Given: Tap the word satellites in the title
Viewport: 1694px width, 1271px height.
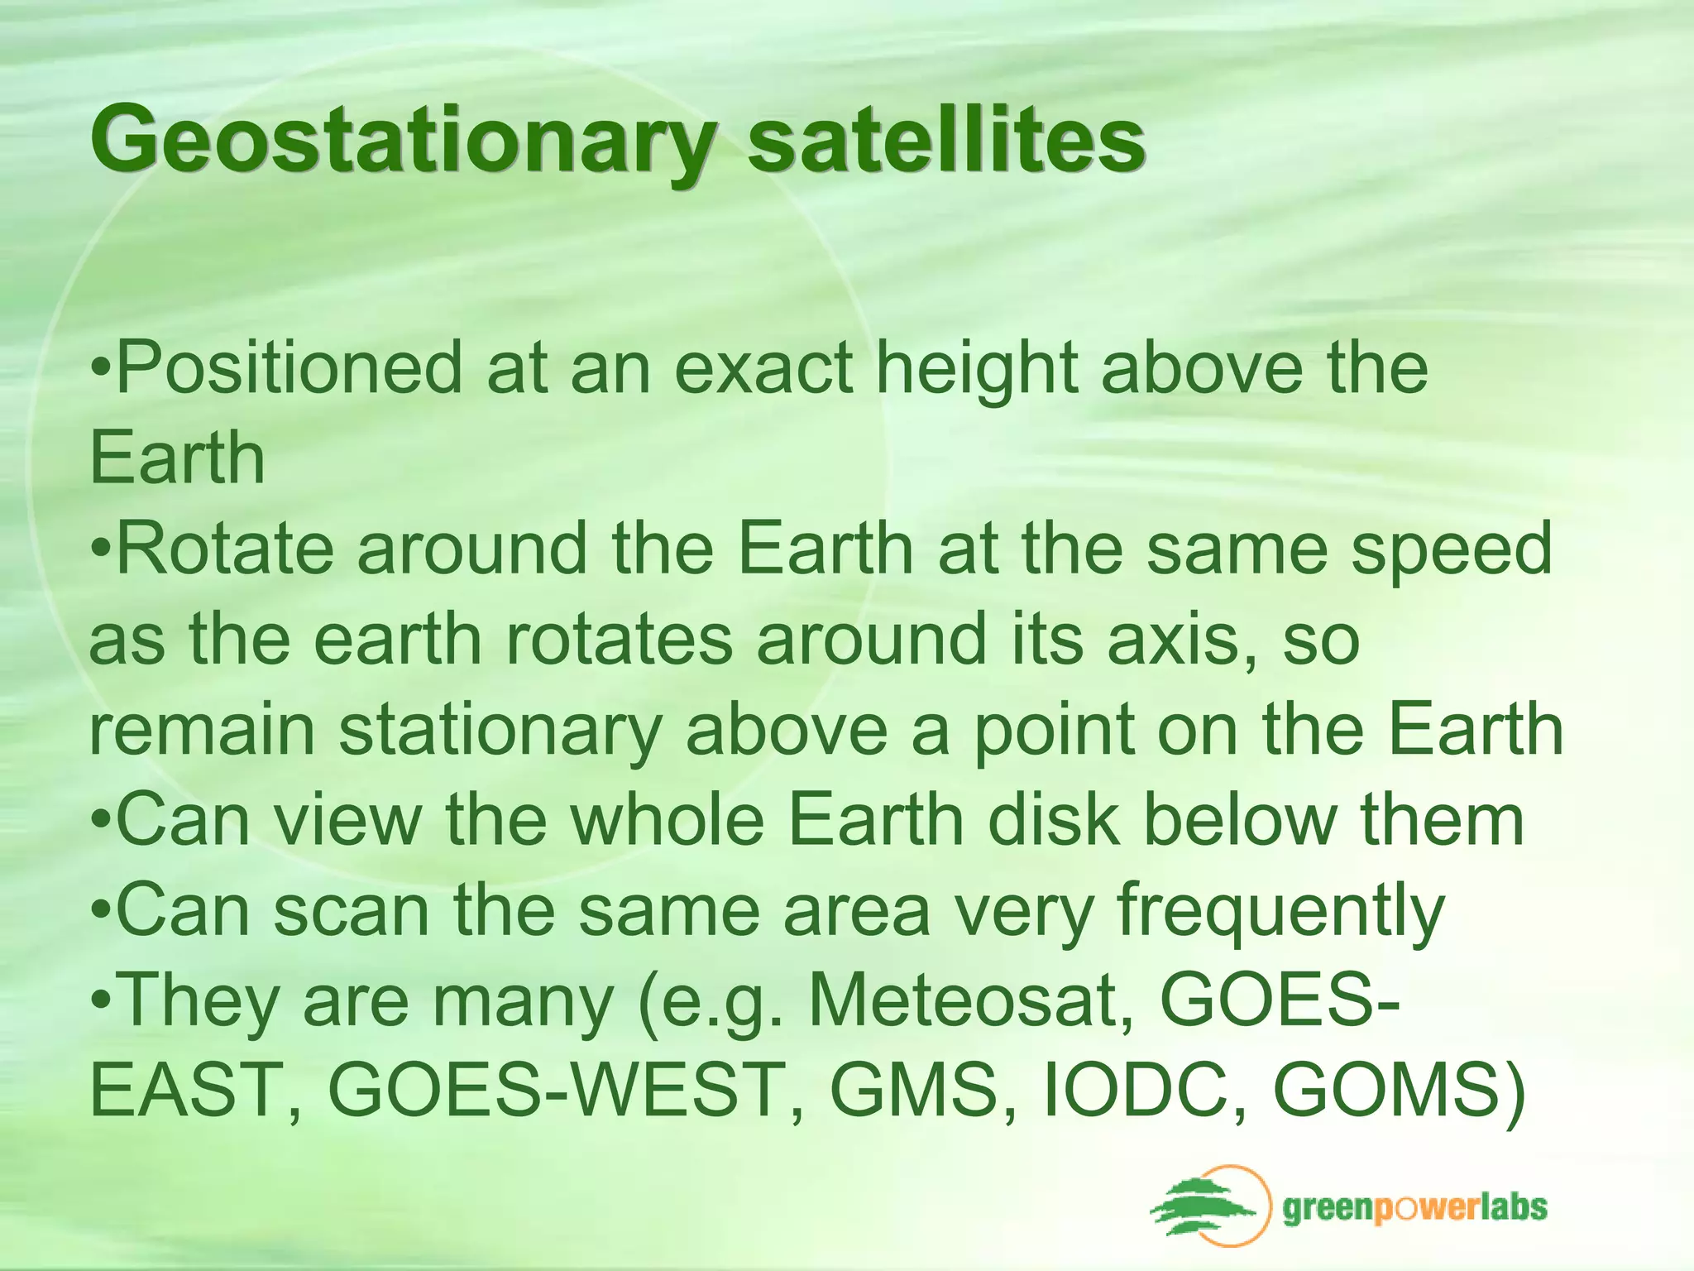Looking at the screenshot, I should click(x=945, y=137).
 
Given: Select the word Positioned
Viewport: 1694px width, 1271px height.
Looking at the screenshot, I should click(x=289, y=367).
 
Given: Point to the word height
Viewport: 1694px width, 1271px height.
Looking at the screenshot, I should click(x=977, y=369).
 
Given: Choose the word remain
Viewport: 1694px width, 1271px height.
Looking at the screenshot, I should click(x=202, y=729).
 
